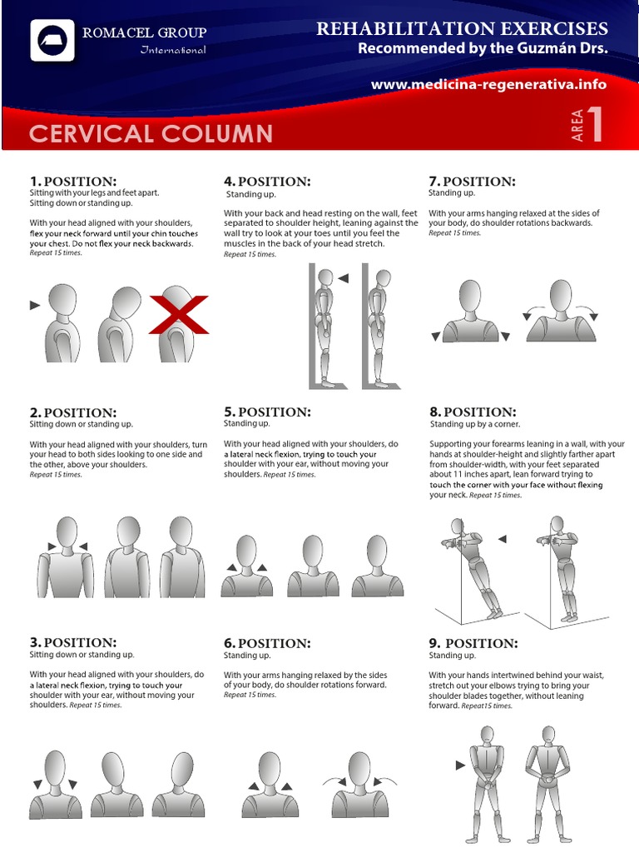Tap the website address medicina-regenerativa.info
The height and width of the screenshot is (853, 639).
click(488, 85)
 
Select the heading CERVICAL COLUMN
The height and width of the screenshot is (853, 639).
click(151, 133)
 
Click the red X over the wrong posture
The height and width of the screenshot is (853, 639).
click(179, 314)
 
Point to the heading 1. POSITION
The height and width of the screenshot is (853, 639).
click(73, 182)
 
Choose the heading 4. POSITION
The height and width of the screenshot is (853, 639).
click(267, 182)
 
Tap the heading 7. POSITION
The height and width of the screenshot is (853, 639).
click(472, 182)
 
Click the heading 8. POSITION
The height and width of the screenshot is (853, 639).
click(473, 412)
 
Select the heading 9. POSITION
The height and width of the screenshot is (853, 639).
click(473, 643)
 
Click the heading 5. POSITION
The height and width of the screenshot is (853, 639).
click(267, 412)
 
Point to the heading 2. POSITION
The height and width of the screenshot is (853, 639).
click(73, 412)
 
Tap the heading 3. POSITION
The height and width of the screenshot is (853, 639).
click(73, 643)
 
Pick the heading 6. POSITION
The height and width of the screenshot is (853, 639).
click(267, 643)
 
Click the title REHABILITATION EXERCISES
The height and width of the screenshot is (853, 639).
click(462, 29)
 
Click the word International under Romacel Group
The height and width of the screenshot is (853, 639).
click(172, 51)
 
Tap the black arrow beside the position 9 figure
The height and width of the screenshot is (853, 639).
click(460, 765)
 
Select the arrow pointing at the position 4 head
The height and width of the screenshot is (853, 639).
click(344, 278)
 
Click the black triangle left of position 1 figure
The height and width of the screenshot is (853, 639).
click(35, 306)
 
